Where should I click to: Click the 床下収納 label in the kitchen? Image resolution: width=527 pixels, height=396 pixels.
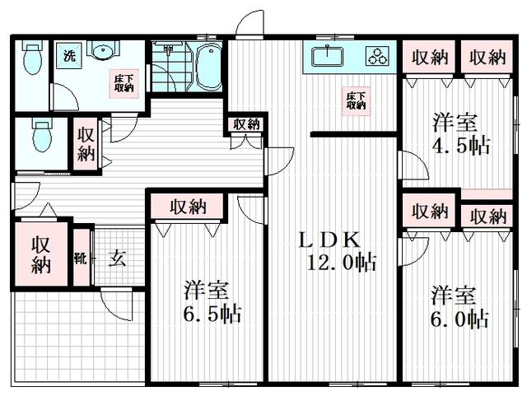click(356, 100)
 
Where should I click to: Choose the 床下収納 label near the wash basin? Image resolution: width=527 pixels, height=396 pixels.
click(124, 82)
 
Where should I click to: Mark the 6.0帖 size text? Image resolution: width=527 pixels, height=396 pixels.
click(459, 317)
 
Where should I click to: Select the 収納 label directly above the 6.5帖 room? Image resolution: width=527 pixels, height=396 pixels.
click(189, 207)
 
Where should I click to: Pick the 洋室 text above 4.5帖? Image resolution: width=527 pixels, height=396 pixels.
click(455, 123)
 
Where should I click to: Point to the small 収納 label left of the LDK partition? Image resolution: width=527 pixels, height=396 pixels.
click(246, 123)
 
